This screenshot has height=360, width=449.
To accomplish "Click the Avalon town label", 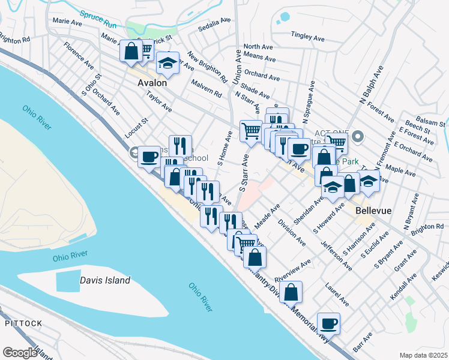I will [x=152, y=83].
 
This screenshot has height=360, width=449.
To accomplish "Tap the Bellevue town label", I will [x=373, y=211].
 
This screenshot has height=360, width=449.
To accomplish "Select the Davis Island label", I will [x=105, y=280].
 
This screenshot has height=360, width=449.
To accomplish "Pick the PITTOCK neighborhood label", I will [x=23, y=323].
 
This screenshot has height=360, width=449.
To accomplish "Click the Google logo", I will [x=19, y=353].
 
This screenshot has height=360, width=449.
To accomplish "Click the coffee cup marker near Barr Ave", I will [x=328, y=324].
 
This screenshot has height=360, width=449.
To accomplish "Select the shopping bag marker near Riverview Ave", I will [x=291, y=293].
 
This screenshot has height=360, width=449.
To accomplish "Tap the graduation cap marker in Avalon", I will [x=168, y=62].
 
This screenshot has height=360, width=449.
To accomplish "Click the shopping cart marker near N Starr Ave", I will [x=251, y=130].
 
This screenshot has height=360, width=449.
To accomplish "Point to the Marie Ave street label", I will [x=67, y=22].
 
